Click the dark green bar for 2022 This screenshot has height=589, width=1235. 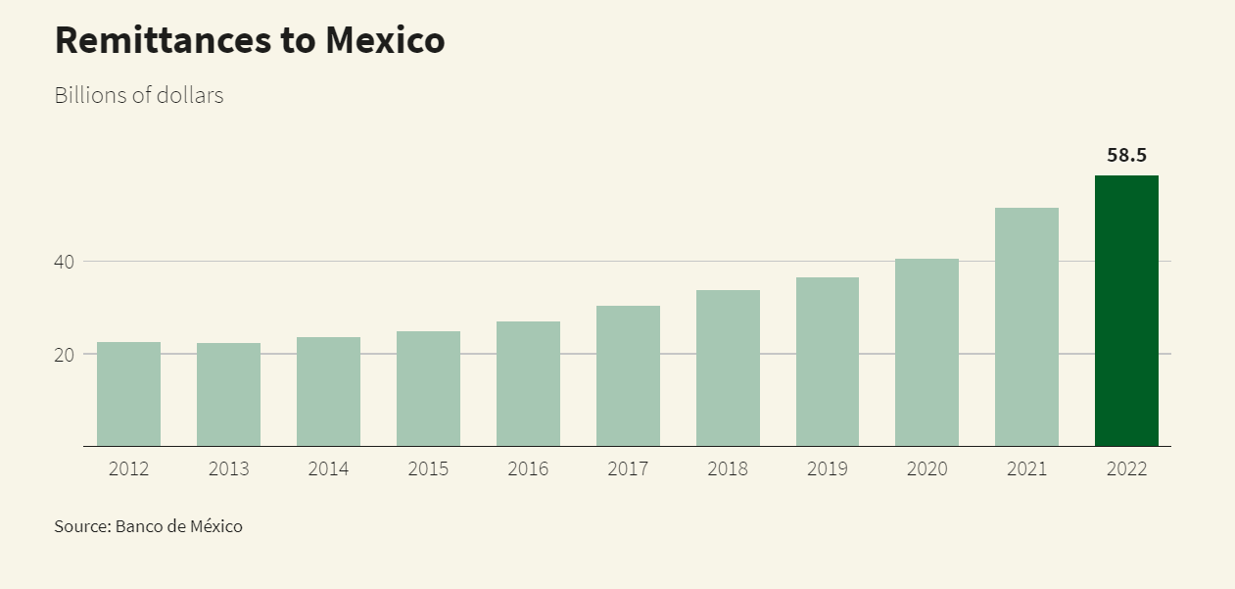click(1126, 311)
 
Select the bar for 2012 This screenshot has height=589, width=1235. click(128, 394)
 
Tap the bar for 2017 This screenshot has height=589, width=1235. click(628, 375)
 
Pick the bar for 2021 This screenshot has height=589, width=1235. click(1026, 326)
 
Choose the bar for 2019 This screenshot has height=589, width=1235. click(828, 362)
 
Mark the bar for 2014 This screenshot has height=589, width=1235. click(328, 391)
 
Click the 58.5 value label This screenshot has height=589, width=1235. click(1126, 155)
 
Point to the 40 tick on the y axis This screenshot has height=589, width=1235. click(65, 262)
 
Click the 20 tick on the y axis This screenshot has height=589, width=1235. click(65, 354)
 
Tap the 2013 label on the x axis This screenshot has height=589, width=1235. click(228, 468)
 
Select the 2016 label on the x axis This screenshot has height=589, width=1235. click(528, 468)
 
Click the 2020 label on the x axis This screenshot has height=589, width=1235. click(926, 468)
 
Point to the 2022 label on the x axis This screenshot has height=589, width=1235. click(1126, 468)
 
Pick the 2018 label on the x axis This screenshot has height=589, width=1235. click(728, 468)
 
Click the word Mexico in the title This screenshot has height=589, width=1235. click(385, 40)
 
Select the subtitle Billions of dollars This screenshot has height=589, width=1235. click(139, 96)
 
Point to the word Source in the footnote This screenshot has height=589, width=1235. click(81, 526)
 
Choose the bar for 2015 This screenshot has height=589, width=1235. click(428, 388)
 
